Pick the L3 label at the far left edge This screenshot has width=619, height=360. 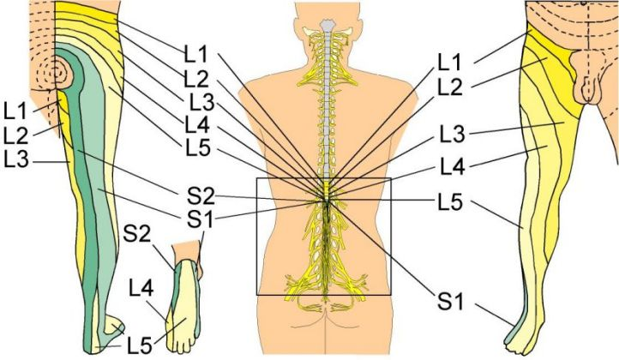pos(16,159)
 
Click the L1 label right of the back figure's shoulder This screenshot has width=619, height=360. pos(452,62)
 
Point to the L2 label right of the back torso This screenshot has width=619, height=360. pos(452,86)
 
